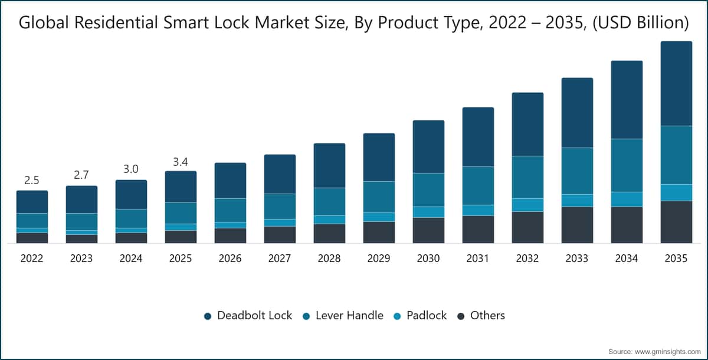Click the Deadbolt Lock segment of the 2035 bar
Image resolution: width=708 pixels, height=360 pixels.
676,83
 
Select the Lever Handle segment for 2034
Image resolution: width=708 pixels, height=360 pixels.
627,165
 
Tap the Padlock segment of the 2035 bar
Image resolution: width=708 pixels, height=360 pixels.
676,192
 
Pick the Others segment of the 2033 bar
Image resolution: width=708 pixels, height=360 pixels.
577,225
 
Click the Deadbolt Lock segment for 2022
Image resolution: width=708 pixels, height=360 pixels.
32,202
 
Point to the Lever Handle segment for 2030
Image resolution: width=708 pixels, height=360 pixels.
428,189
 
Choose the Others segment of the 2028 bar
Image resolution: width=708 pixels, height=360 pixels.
329,234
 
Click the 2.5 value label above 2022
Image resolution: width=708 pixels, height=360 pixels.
32,180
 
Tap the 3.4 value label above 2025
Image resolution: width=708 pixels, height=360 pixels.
181,162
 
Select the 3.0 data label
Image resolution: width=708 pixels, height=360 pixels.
131,169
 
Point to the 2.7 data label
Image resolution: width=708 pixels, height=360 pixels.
81,175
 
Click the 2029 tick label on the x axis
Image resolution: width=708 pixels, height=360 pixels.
379,258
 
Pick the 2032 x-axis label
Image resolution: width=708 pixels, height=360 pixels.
527,258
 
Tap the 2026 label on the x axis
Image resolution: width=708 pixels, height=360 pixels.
230,258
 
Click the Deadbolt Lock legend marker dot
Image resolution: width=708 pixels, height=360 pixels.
208,316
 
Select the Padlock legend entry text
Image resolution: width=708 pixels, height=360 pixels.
427,315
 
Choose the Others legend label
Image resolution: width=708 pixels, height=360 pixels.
487,315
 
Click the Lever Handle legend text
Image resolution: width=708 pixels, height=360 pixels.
349,315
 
